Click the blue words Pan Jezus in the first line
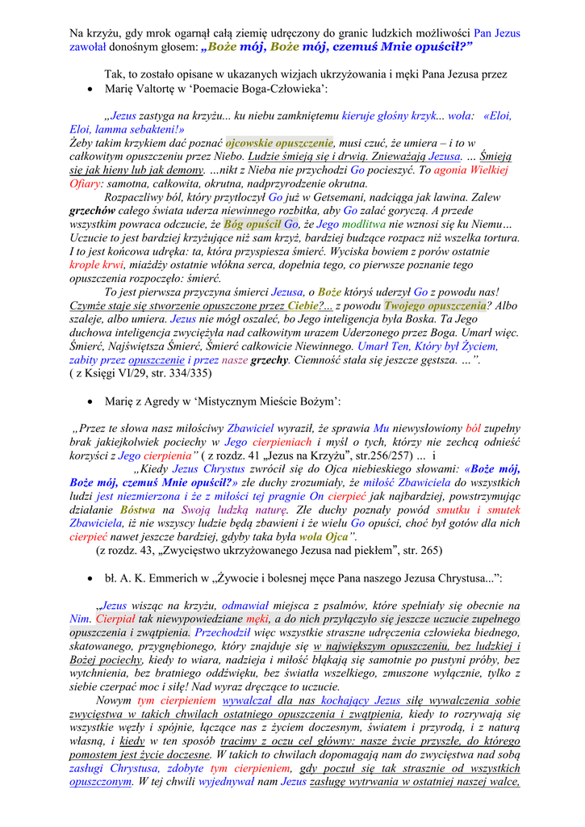point(496,33)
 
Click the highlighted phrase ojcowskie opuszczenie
point(279,141)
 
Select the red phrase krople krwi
point(96,264)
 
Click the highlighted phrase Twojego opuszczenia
point(434,305)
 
